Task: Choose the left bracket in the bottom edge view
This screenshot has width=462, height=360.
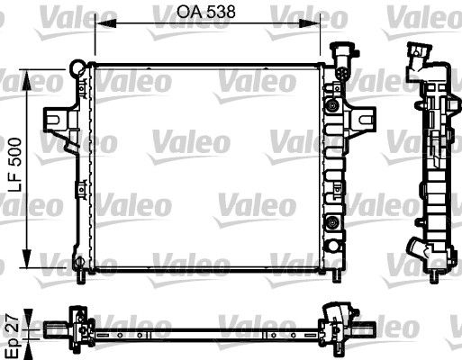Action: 79,319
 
